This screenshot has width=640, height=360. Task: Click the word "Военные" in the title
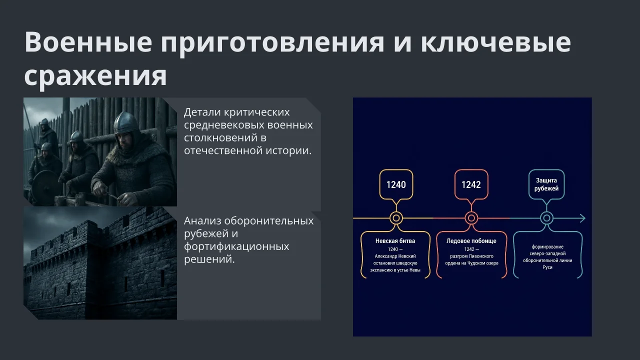tap(88, 42)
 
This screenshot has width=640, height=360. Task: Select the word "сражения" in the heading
tap(95, 76)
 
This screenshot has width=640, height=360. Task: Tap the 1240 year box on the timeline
tap(396, 184)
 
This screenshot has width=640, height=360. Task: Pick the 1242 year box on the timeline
tap(471, 184)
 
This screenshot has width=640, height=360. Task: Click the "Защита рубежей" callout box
tap(546, 184)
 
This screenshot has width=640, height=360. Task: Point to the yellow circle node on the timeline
tap(396, 218)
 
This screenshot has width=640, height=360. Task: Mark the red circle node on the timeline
tap(471, 218)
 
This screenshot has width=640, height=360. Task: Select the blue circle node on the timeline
tap(546, 218)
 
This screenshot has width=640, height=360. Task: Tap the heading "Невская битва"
tap(395, 241)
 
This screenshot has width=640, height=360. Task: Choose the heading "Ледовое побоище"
tap(471, 241)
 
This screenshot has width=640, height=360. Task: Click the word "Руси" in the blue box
tap(547, 267)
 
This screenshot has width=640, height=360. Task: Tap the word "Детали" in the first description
tap(202, 112)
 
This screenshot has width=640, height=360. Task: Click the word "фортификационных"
tap(236, 247)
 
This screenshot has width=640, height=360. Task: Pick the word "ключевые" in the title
tap(495, 42)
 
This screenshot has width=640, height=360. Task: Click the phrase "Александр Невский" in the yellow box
tap(395, 256)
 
